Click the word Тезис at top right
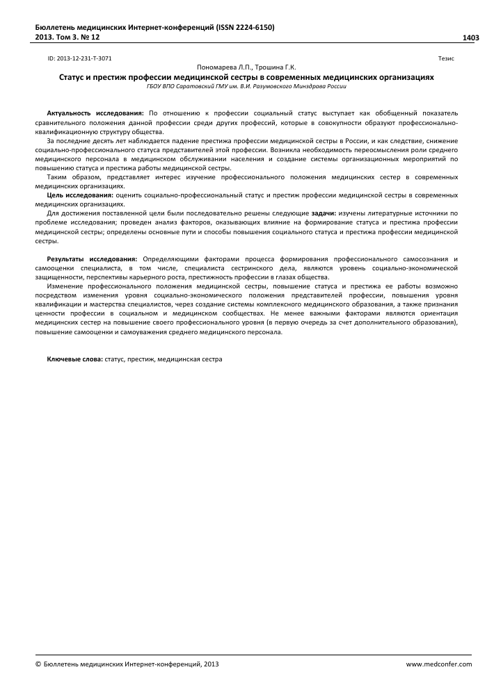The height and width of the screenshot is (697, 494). click(446, 59)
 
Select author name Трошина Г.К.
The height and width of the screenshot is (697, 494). click(276, 67)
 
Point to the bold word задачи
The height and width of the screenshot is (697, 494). click(324, 213)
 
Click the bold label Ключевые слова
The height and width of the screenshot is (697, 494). click(74, 359)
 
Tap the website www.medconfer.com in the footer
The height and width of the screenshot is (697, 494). click(438, 664)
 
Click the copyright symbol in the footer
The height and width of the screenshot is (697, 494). click(38, 664)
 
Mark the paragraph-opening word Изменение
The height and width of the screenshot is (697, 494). click(65, 286)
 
